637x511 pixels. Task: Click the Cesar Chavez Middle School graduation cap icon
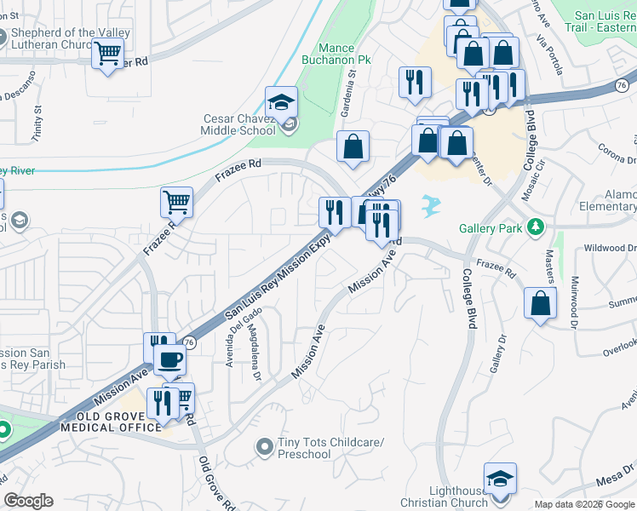280,102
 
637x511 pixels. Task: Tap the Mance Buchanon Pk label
347,54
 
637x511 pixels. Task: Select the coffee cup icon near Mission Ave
170,360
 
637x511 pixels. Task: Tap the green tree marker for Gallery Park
536,227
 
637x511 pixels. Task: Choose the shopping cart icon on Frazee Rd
176,203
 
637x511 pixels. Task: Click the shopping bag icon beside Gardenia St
353,146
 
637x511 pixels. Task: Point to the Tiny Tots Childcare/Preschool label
331,448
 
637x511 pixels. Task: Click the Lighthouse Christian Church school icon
500,479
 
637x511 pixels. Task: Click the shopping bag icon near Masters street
540,303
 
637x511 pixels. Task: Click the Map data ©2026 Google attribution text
584,504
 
